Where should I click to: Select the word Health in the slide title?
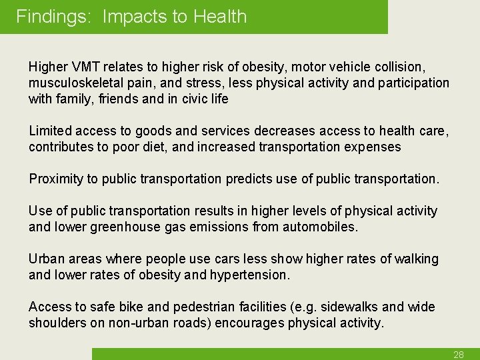point(220,17)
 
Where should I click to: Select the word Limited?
point(50,131)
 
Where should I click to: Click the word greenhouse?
point(120,227)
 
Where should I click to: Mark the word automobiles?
point(322,227)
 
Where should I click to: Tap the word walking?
point(415,259)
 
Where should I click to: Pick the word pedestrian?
point(202,307)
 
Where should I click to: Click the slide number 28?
point(459,355)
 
